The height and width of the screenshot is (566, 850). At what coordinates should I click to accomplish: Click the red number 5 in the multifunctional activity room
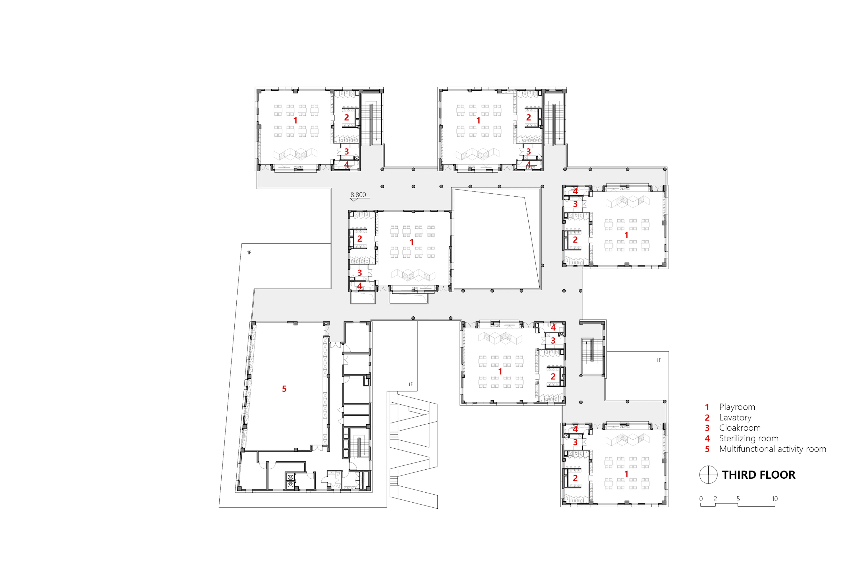click(284, 389)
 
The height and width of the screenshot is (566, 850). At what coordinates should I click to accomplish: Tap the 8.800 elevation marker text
click(358, 195)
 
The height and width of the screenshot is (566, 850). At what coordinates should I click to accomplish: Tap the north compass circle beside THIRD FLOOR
click(708, 475)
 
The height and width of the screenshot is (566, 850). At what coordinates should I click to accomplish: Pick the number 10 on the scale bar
click(775, 499)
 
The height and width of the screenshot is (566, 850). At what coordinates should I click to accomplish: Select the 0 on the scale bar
click(701, 499)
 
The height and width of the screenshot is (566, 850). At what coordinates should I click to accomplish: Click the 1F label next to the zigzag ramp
click(411, 384)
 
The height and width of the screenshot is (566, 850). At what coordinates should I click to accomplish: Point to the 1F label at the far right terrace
click(659, 360)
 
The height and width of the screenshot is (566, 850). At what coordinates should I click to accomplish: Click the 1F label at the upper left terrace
click(249, 253)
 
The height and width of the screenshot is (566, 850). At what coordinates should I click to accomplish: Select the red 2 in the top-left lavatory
click(346, 117)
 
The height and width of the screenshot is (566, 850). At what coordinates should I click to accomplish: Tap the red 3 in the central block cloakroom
click(359, 273)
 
